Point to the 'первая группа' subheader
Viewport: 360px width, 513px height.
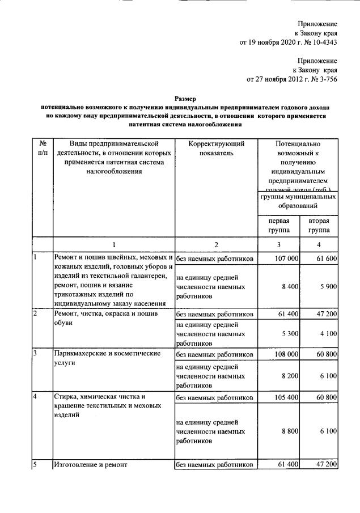pyautogui.click(x=279, y=226)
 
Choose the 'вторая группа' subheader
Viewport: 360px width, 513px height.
pyautogui.click(x=319, y=226)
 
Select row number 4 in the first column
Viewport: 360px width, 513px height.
pyautogui.click(x=35, y=396)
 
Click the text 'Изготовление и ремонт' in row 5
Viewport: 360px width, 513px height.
pyautogui.click(x=91, y=465)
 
